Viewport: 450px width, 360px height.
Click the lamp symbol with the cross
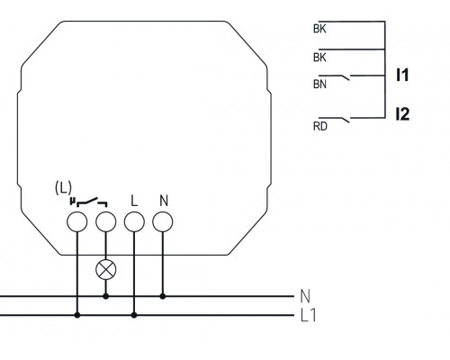coord(106,267)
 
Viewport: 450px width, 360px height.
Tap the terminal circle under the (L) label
coord(77,220)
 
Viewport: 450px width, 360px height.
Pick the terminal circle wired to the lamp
coord(106,220)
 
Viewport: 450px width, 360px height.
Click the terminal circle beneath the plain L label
coord(134,220)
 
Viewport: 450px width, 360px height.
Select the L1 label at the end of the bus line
coord(307,315)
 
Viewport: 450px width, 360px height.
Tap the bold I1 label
coord(402,76)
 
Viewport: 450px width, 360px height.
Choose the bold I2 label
coord(402,114)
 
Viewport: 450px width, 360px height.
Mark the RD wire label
coord(319,126)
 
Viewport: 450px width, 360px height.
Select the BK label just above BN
coord(319,57)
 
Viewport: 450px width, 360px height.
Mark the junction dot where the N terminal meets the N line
coord(163,294)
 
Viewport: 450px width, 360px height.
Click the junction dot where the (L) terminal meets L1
coord(77,315)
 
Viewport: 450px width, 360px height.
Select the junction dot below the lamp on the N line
coord(106,294)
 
